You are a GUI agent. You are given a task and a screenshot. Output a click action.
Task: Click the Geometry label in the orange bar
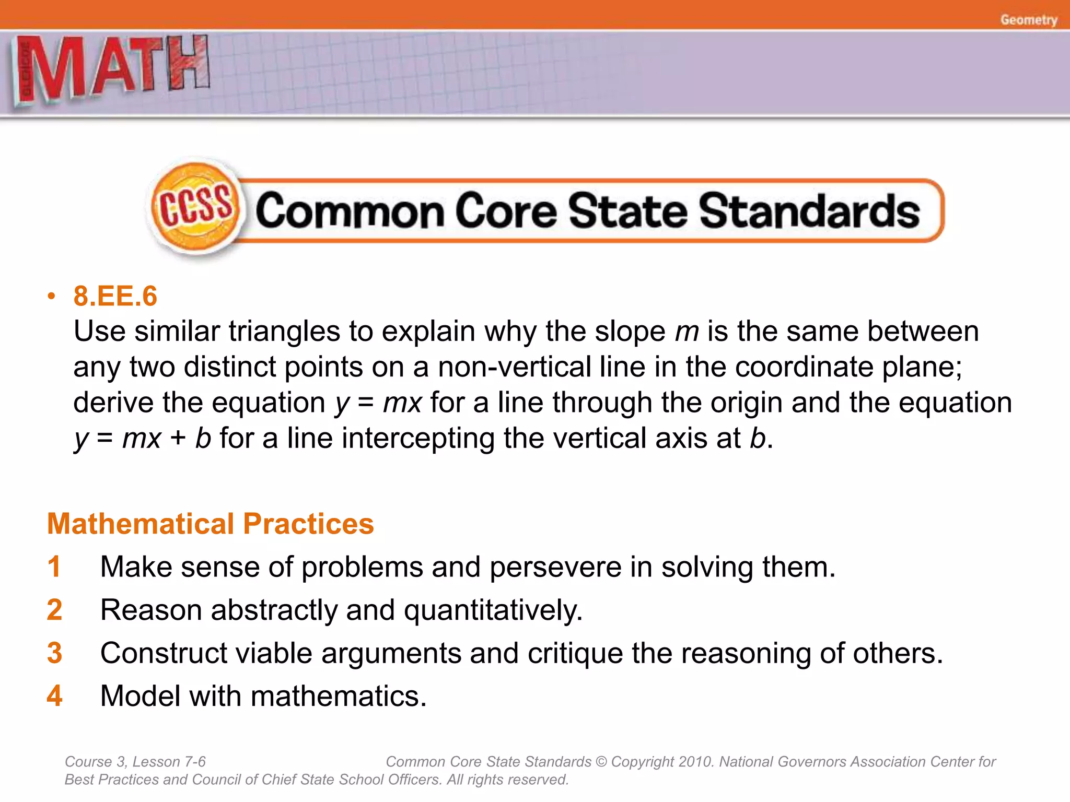1028,20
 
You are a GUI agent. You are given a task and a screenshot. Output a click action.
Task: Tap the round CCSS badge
195,207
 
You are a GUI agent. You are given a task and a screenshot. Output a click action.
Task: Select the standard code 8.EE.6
115,296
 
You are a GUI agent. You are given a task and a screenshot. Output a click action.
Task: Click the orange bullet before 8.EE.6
51,297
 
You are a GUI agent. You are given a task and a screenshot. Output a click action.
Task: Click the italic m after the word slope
687,332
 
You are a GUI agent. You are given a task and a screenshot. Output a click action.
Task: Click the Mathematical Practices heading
211,524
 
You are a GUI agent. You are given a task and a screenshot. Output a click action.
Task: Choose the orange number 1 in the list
54,567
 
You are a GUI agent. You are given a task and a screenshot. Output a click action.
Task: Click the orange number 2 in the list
54,609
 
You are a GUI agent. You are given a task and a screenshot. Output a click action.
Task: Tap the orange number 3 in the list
54,653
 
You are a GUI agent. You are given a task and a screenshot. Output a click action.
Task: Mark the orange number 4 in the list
54,695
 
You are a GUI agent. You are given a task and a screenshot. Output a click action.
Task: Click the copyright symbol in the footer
601,762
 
